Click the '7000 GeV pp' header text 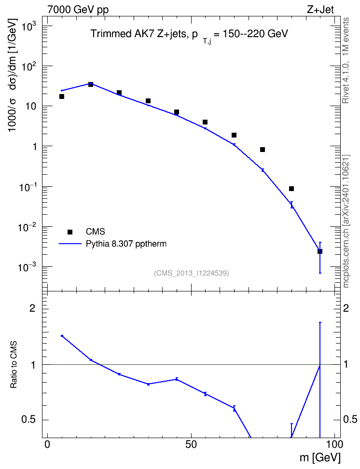[78, 9]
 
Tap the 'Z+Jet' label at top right [320, 9]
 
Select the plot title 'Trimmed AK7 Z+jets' [138, 34]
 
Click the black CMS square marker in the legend [70, 232]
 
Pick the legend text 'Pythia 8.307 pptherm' [126, 244]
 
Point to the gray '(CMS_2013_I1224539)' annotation [191, 273]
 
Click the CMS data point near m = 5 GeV [62, 97]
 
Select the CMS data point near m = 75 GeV [263, 150]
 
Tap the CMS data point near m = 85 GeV [291, 189]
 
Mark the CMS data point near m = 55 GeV [205, 122]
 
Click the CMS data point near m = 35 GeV [148, 101]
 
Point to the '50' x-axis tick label [191, 444]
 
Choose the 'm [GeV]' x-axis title [320, 458]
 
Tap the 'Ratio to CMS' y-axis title [14, 365]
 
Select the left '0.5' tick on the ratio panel [29, 420]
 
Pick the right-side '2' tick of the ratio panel [346, 308]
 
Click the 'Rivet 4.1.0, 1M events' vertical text [346, 61]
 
